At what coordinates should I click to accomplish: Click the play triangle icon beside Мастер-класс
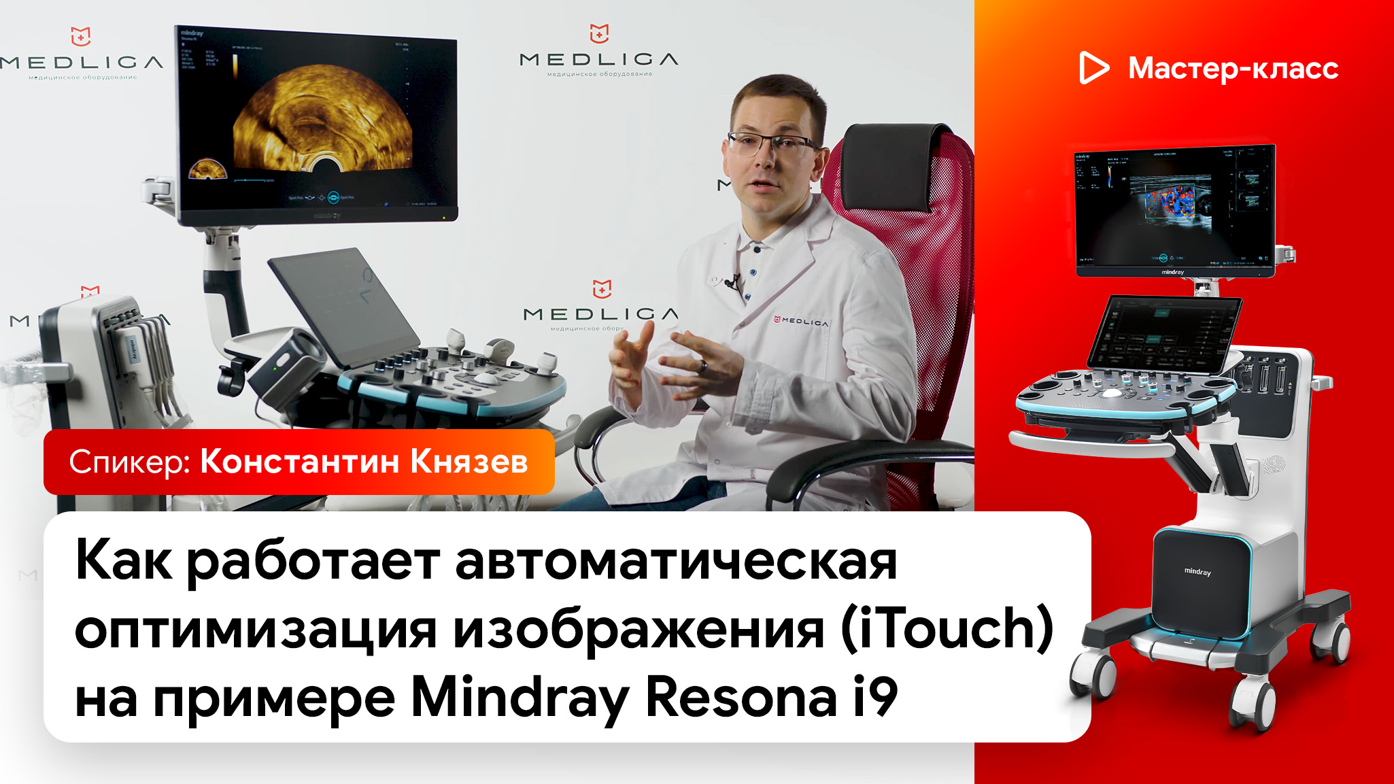[1093, 68]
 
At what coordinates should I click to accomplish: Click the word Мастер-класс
[1233, 68]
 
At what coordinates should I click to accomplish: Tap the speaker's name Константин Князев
[364, 462]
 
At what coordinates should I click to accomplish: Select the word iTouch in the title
[947, 628]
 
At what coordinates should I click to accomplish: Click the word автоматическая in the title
[676, 562]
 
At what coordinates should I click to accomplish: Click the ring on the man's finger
[704, 367]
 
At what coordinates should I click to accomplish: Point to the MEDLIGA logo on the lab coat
[802, 320]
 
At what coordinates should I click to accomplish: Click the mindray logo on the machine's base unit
[1197, 572]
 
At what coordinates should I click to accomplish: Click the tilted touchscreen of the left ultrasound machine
[343, 306]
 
